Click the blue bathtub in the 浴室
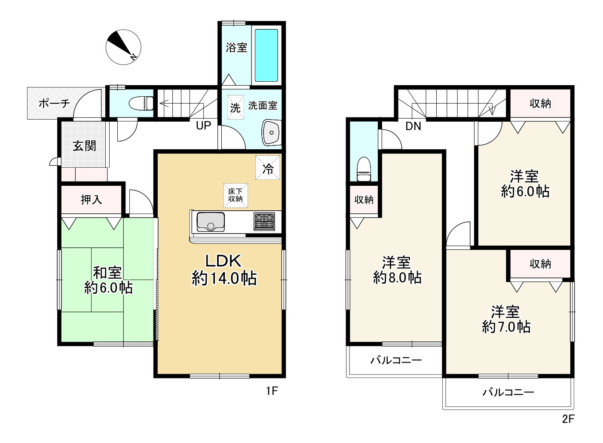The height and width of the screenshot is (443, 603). (266, 55)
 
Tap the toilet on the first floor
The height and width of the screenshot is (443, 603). (141, 104)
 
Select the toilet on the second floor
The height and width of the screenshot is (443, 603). (364, 169)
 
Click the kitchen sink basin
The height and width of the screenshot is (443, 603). (211, 222)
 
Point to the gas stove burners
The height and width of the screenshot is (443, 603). (264, 221)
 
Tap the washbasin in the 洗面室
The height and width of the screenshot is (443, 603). (272, 132)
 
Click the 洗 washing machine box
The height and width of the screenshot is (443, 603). (236, 107)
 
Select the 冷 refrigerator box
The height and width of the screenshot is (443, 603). (268, 167)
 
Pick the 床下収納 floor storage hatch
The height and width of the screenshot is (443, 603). (236, 195)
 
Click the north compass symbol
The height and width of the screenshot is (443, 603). (123, 47)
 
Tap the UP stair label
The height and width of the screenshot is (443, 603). (204, 126)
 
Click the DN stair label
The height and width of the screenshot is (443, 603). (413, 126)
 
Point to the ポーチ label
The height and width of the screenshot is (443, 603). (54, 103)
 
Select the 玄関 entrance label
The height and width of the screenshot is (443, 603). (85, 146)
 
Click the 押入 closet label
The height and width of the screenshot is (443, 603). (91, 200)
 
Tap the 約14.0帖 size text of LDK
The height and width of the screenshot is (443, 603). (224, 278)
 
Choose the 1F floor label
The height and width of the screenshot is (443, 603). (272, 391)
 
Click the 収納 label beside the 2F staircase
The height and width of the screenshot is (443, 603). (540, 104)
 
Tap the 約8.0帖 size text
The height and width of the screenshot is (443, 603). (397, 277)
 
